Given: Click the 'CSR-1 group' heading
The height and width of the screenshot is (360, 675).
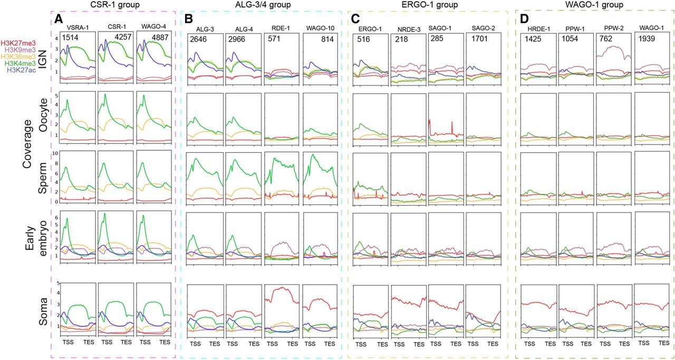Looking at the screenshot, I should tap(112, 5).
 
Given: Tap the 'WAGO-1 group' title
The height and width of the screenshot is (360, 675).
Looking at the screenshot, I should tap(594, 5).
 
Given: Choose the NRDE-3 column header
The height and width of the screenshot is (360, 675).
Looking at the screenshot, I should tap(408, 31).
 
